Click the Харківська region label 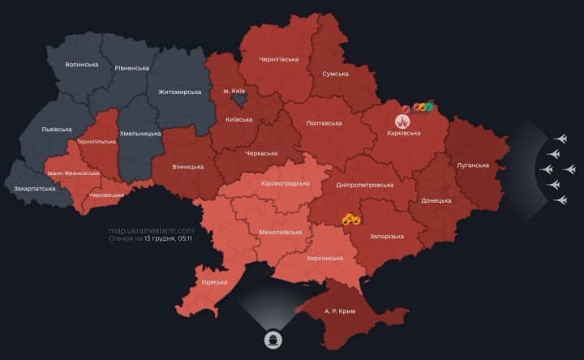click(x=403, y=133)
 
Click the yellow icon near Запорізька click(x=351, y=219)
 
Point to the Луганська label click(x=473, y=165)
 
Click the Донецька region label click(x=436, y=200)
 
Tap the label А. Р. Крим click(x=341, y=311)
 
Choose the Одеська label click(x=215, y=282)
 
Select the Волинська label click(x=82, y=64)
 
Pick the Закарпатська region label click(x=35, y=188)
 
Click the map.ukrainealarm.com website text click(x=152, y=230)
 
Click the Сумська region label click(x=335, y=74)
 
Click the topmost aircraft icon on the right click(x=560, y=139)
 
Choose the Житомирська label click(x=180, y=92)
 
